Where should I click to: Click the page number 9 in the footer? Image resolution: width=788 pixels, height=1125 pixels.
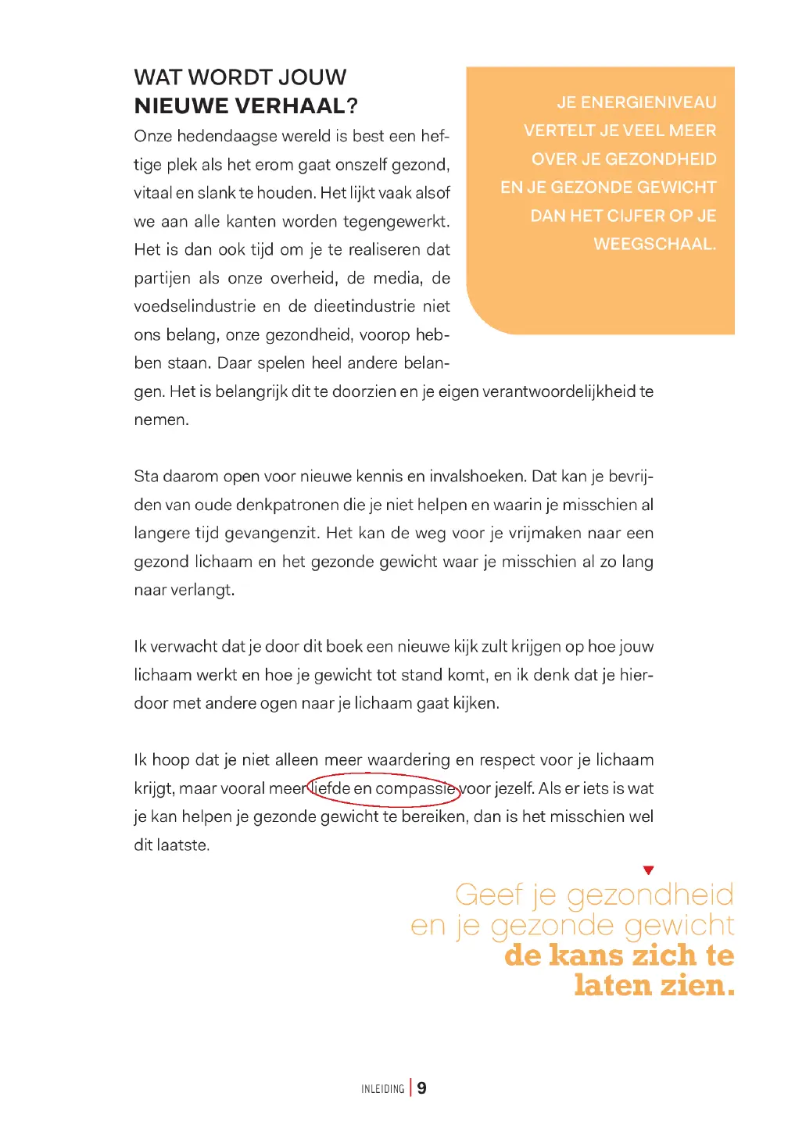tap(421, 1088)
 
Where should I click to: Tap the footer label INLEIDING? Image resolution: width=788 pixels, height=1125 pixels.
tap(383, 1089)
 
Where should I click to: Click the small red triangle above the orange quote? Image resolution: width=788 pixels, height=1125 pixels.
tap(648, 870)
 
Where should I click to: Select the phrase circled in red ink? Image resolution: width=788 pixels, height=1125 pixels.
tap(384, 788)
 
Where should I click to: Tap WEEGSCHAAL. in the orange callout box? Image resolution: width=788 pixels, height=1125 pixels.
tap(654, 244)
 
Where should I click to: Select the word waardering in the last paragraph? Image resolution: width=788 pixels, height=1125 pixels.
tap(409, 760)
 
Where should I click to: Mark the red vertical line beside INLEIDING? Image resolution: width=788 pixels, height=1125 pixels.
tap(411, 1088)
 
